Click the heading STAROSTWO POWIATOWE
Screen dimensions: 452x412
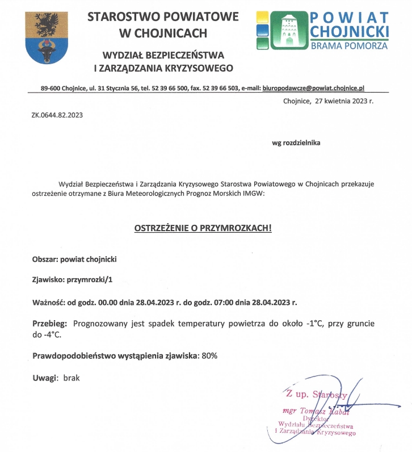[163, 16]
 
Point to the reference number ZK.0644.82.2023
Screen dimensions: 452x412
[57, 115]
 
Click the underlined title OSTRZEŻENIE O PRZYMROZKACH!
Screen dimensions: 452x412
[203, 228]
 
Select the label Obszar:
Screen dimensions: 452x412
[49, 259]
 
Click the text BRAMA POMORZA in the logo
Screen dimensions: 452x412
[350, 45]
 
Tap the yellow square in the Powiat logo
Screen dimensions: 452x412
[262, 16]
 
